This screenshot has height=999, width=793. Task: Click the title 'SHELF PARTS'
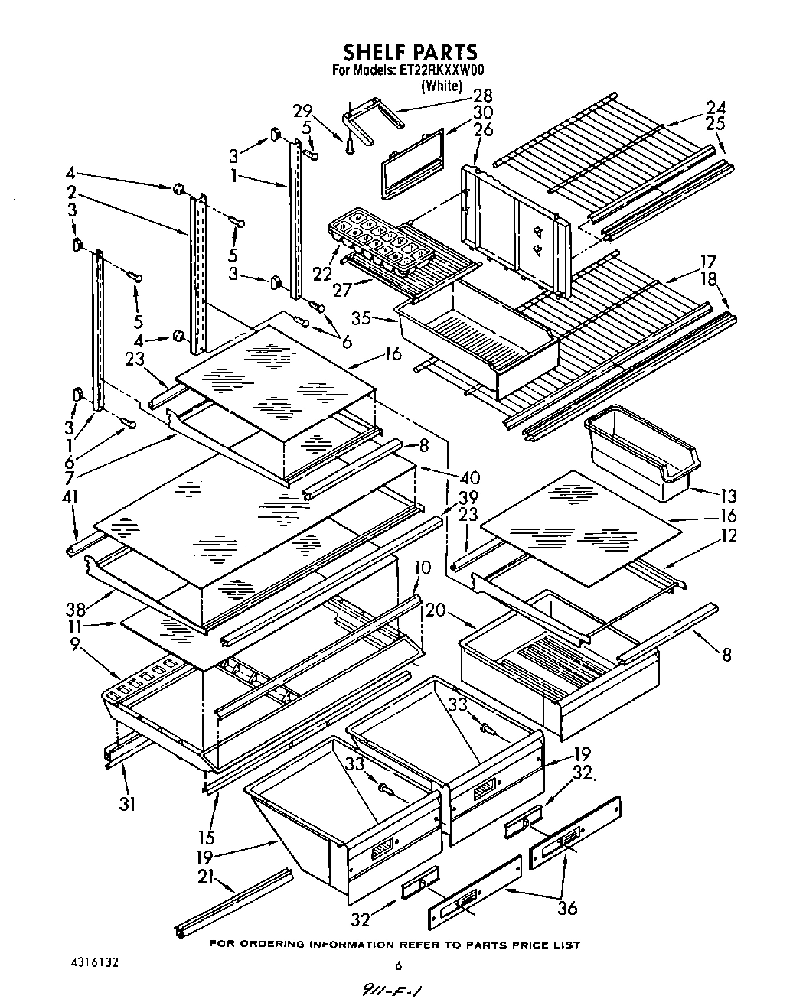(x=410, y=52)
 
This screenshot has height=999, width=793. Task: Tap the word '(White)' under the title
(x=442, y=85)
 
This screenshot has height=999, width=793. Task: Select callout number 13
(x=728, y=496)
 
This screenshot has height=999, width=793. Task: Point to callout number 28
(x=482, y=96)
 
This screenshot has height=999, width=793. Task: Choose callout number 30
(x=482, y=112)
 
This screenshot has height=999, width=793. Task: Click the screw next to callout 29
(x=350, y=142)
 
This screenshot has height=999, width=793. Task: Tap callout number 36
(x=567, y=908)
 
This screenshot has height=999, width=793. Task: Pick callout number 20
(x=436, y=610)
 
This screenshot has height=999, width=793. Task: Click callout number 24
(x=716, y=108)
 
